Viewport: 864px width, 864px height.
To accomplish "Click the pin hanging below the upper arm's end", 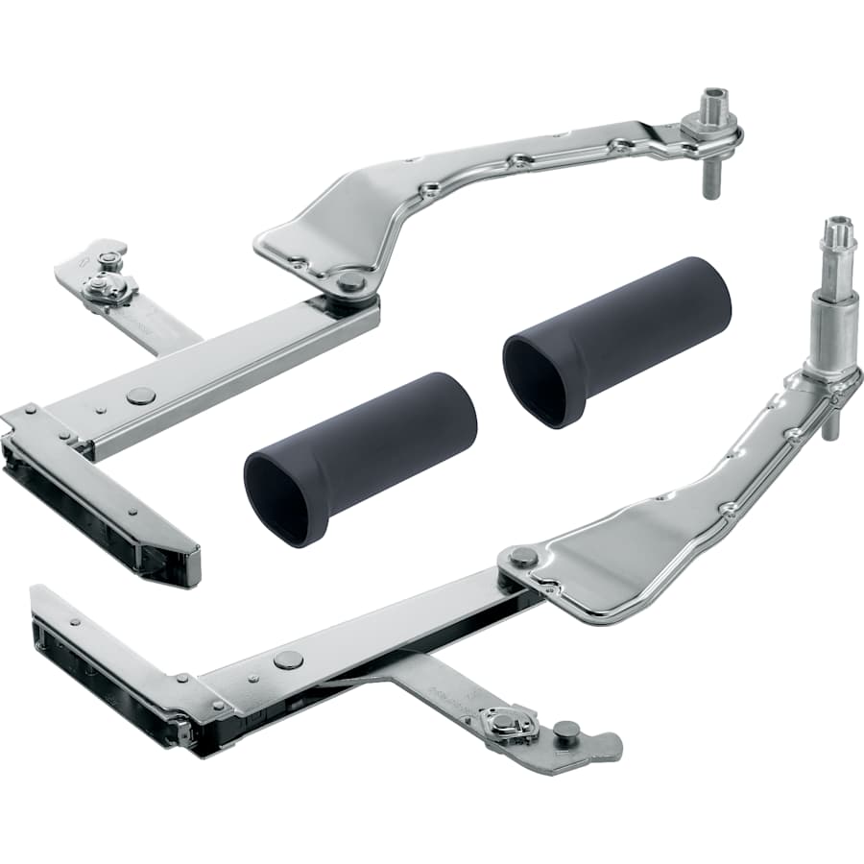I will (x=711, y=180).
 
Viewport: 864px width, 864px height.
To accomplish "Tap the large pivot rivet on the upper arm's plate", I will (x=351, y=281).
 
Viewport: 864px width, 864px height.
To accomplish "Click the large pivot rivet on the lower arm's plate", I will (x=523, y=557).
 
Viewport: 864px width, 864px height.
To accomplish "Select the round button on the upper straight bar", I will (x=140, y=396).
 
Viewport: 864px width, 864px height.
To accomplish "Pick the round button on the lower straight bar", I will (x=288, y=660).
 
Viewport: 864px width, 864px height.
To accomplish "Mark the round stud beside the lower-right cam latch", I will (x=566, y=731).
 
